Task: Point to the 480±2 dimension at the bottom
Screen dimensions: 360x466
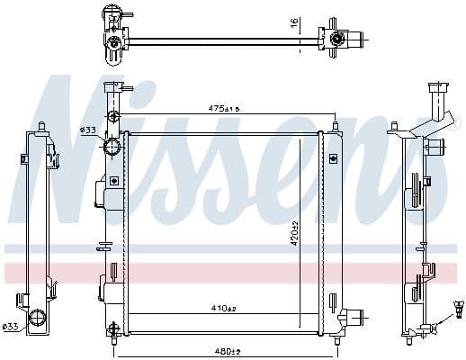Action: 229,349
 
